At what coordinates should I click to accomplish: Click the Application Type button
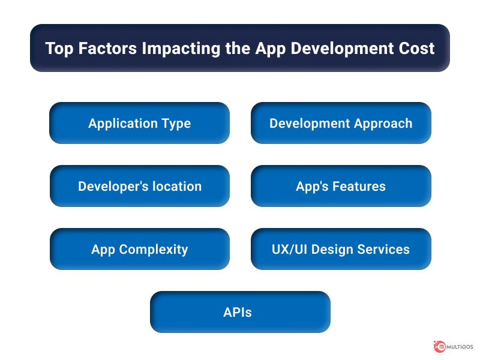[139, 123]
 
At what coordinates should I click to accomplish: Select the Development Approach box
[341, 123]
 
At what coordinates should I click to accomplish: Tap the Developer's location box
[140, 186]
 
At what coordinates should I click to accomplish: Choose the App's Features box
[341, 186]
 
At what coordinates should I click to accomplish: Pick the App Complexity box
[140, 249]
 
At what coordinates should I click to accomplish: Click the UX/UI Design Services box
[341, 249]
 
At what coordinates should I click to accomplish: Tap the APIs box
[240, 312]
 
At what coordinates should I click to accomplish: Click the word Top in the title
[59, 49]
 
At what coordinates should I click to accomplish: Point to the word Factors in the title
[107, 49]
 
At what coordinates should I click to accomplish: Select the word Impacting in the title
[181, 49]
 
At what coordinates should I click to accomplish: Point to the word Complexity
[154, 250]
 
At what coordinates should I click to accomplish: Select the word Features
[359, 186]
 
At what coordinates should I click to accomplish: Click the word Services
[383, 249]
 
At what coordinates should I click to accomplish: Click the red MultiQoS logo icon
[440, 347]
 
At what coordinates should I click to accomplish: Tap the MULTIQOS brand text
[460, 347]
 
